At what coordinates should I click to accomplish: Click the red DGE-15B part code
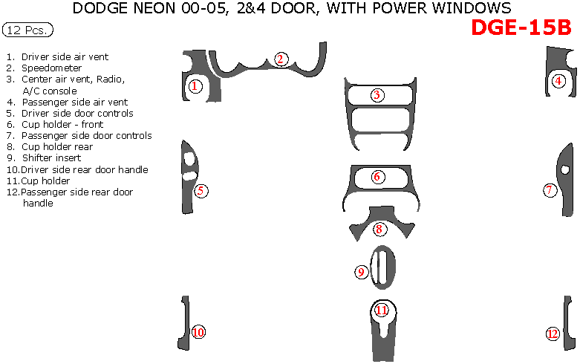coord(521,27)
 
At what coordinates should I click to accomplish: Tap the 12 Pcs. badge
coord(27,30)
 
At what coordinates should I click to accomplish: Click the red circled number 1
coord(195,87)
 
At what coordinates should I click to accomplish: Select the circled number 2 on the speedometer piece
coord(281,59)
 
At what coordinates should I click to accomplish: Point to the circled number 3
coord(377,95)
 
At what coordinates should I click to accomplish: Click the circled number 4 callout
coord(558,81)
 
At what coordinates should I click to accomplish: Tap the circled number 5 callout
coord(201,191)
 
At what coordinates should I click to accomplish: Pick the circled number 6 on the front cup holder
coord(377,177)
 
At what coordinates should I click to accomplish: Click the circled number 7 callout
coord(550,190)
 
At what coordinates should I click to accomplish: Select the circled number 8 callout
coord(379,230)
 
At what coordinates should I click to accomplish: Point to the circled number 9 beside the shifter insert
coord(361,273)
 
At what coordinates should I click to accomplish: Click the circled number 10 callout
coord(198,332)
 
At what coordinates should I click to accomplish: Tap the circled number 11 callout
coord(382,310)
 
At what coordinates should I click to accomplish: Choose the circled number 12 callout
coord(553,334)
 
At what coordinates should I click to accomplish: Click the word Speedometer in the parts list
coord(51,68)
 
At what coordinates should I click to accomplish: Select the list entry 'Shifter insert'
coord(51,158)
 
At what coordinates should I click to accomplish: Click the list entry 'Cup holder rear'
coord(57,147)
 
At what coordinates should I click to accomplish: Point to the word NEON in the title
coord(154,7)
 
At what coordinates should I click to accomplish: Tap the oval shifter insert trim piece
coord(383,267)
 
